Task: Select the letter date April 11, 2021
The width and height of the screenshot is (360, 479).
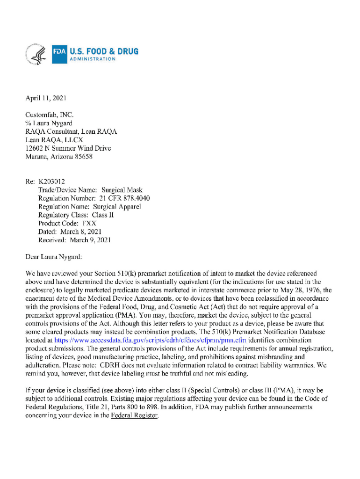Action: (45, 98)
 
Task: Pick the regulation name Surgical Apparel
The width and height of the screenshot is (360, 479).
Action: (117, 207)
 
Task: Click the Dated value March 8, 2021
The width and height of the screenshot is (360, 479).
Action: (81, 232)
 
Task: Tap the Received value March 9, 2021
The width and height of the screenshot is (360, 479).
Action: (90, 240)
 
